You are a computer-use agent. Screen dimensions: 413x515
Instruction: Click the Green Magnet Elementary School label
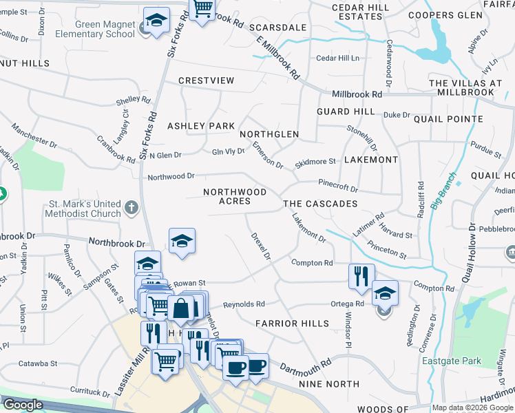[91, 28]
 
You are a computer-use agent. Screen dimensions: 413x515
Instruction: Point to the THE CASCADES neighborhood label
[320, 204]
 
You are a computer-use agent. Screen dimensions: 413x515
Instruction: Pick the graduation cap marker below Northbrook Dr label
[182, 241]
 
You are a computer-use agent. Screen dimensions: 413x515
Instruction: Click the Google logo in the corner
[23, 405]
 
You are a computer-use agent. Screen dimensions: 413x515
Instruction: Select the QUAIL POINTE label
[448, 119]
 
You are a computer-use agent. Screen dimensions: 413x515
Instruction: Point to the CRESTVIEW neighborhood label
[206, 81]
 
